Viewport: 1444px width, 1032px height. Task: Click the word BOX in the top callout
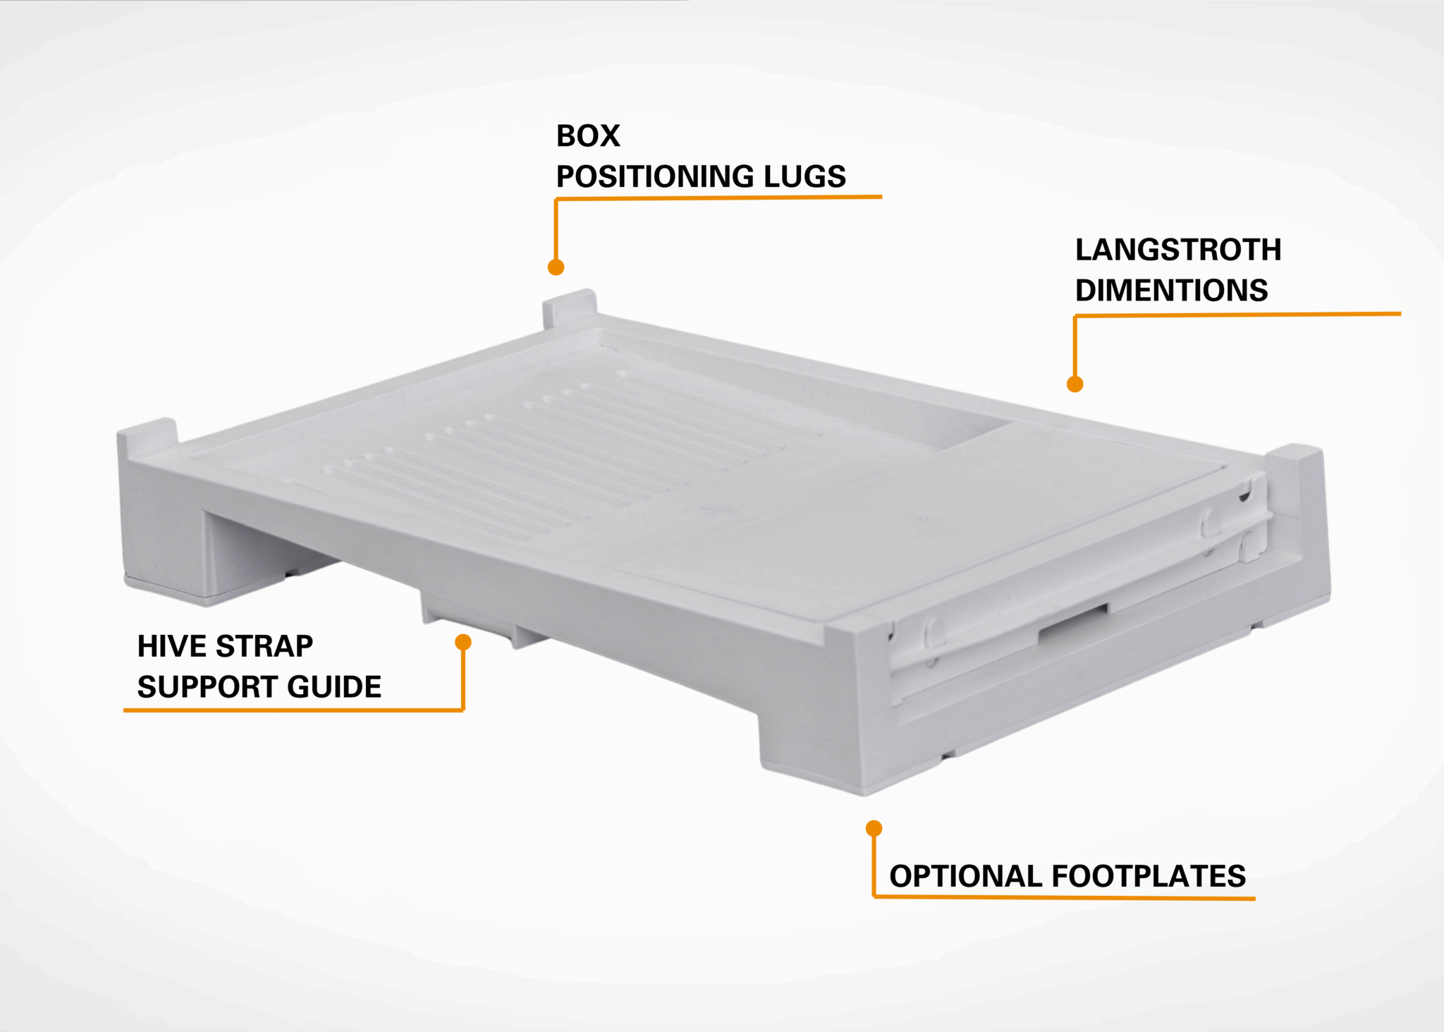588,136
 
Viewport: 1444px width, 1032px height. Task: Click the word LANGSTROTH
1177,250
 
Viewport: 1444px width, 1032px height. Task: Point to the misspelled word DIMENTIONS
1171,291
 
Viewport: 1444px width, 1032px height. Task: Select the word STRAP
264,646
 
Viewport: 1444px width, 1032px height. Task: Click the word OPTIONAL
966,876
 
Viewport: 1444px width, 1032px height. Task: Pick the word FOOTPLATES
1149,876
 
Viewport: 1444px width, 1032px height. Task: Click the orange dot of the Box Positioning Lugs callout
556,267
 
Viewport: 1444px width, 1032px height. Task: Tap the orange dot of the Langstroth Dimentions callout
1075,384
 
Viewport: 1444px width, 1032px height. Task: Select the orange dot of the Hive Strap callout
463,642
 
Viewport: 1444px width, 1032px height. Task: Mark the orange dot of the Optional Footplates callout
874,827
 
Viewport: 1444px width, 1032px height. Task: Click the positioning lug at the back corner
570,308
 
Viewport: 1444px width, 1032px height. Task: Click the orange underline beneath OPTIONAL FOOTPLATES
1065,897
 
